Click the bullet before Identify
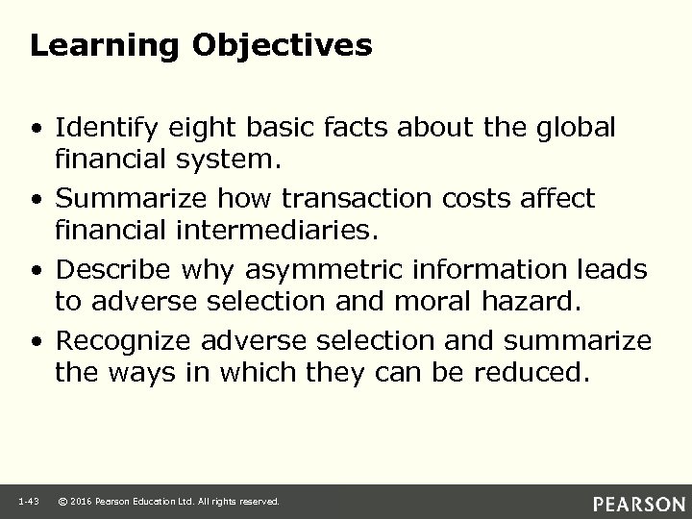point(37,128)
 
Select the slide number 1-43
point(26,502)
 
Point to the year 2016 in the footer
point(84,502)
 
